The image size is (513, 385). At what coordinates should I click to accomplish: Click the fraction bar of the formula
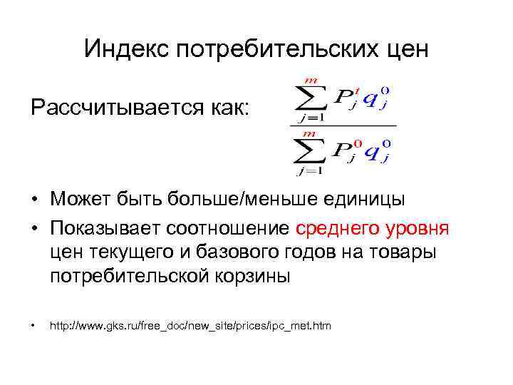point(343,125)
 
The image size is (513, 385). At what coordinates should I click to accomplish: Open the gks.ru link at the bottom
point(190,327)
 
